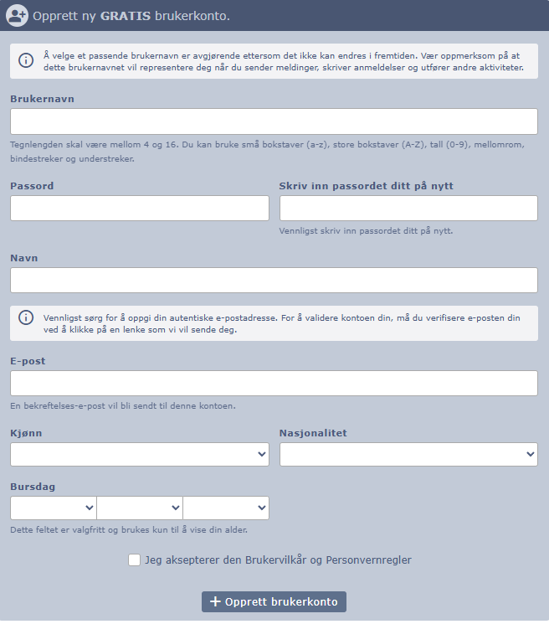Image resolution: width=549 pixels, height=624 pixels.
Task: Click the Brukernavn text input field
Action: [274, 121]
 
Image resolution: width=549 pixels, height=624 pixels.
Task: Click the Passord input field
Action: [140, 209]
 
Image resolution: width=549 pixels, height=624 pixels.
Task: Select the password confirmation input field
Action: [408, 209]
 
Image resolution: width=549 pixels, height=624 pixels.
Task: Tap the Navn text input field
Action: [274, 281]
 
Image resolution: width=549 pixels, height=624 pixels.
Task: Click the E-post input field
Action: [274, 384]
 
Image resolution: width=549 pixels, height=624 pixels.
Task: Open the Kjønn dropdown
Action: [140, 454]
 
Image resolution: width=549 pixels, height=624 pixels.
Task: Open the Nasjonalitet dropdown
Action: [408, 454]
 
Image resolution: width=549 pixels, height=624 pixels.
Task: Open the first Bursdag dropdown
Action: [54, 508]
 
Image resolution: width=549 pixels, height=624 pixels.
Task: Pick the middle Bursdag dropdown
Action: [140, 508]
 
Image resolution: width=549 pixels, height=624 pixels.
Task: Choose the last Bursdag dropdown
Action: [226, 508]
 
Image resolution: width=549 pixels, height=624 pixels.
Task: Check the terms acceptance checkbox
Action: [135, 560]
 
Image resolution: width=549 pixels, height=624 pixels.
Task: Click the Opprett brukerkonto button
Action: [274, 601]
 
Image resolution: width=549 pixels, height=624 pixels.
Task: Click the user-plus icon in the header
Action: [17, 15]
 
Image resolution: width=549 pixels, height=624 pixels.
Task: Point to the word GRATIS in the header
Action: [126, 16]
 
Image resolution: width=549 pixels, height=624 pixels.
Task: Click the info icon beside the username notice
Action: [27, 60]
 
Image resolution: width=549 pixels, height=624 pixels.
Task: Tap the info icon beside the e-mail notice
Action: [27, 317]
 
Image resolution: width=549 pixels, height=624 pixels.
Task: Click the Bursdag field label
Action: [33, 487]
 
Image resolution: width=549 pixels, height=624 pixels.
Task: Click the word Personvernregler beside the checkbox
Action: [368, 560]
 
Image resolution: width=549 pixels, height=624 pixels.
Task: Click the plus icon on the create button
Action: [215, 601]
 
